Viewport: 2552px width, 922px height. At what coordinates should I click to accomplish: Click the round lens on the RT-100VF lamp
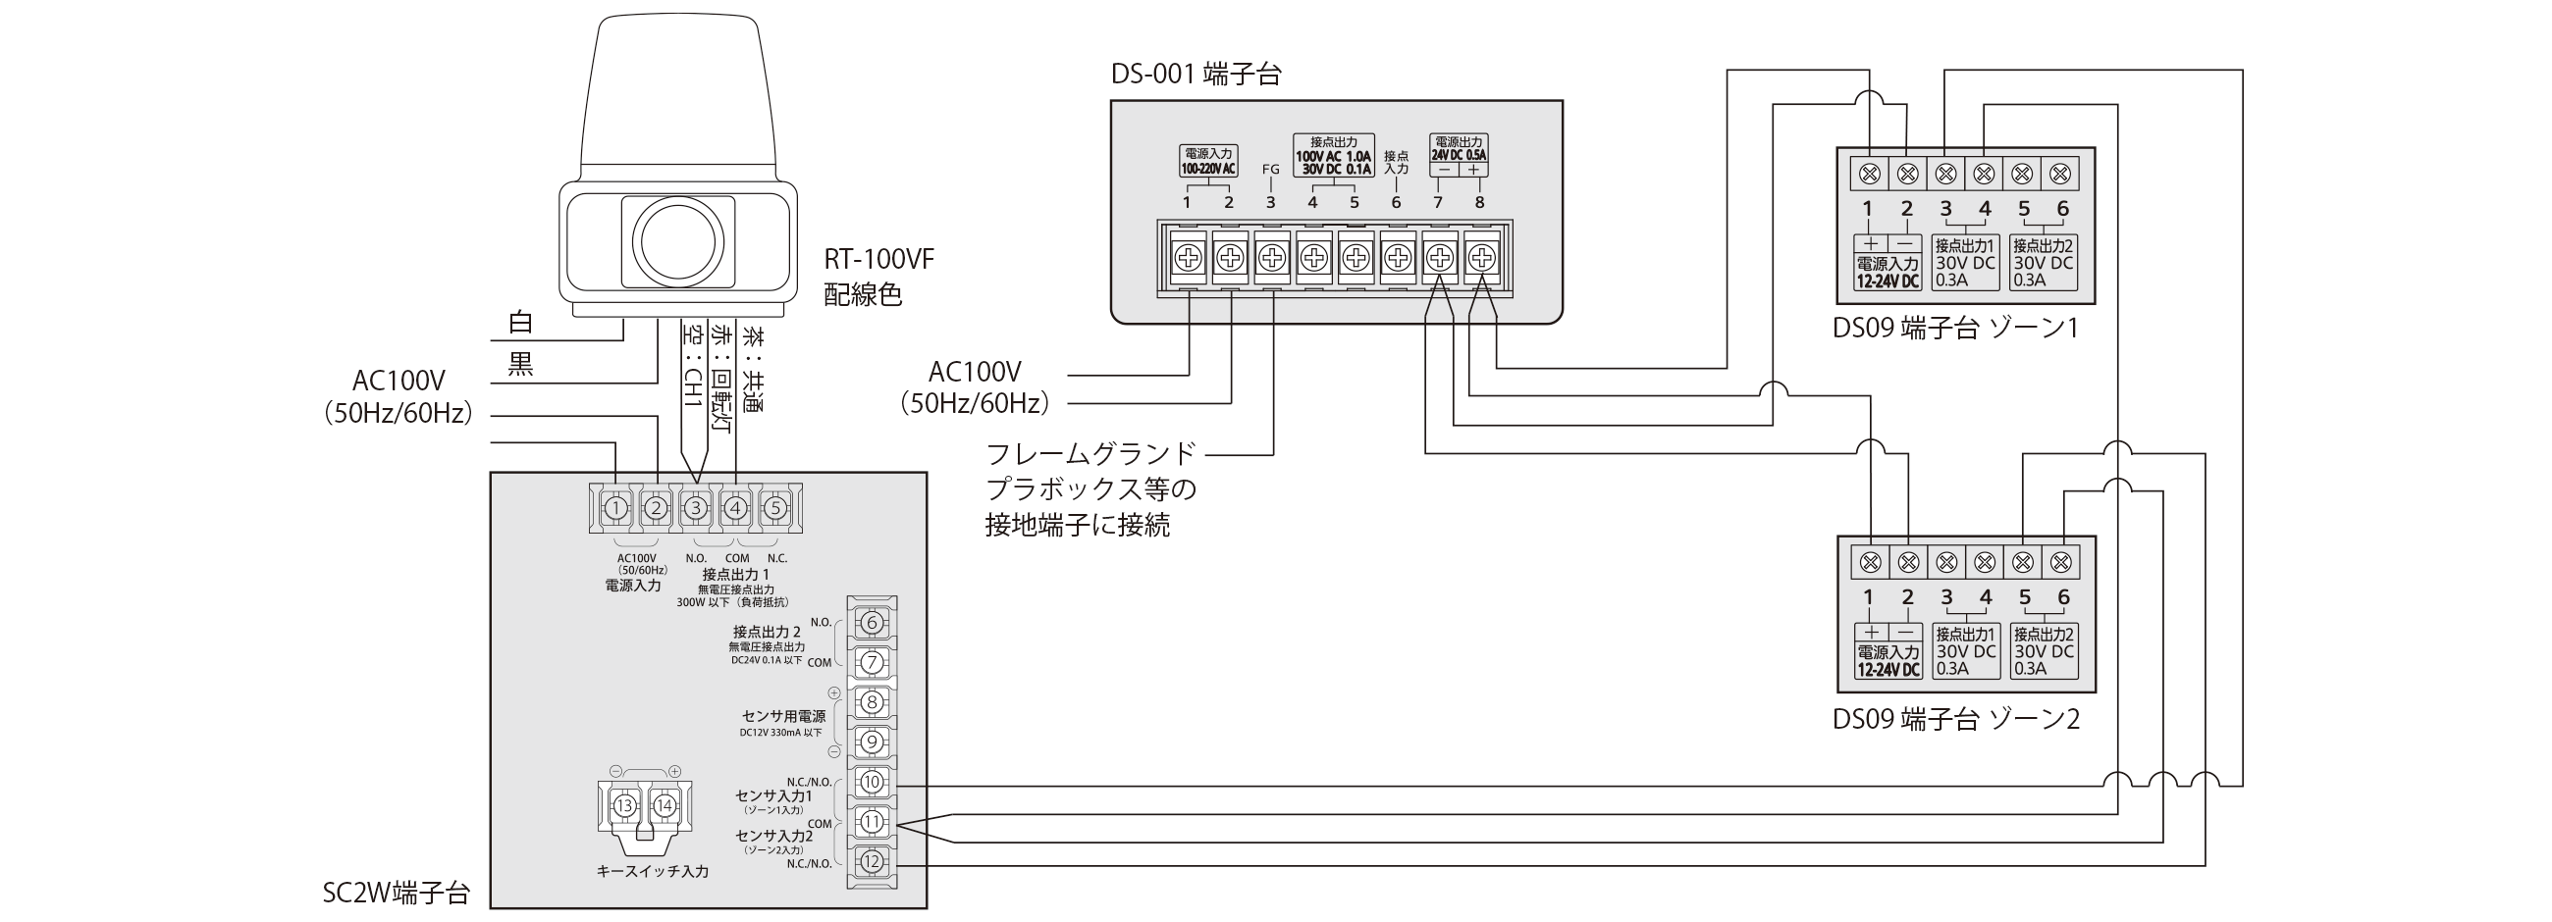[x=678, y=240]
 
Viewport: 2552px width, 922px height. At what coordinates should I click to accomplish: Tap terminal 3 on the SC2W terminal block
[x=696, y=508]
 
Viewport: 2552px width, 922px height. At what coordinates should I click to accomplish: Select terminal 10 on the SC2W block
[x=871, y=782]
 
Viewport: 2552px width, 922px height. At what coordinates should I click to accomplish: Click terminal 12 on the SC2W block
[x=871, y=861]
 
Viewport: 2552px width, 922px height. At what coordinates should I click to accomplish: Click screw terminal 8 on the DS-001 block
[x=1480, y=259]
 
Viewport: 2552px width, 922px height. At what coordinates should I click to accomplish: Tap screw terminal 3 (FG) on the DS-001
[x=1271, y=259]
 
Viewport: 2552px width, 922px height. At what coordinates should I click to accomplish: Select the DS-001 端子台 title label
[x=1196, y=75]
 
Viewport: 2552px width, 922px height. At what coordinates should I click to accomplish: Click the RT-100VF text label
[x=878, y=260]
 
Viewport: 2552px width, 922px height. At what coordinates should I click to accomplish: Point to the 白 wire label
[x=520, y=322]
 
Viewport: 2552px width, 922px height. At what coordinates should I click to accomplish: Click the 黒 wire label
[x=520, y=366]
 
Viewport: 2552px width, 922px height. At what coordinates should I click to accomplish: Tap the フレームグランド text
[x=1090, y=453]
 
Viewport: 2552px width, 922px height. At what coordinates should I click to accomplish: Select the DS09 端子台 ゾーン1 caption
[x=1954, y=328]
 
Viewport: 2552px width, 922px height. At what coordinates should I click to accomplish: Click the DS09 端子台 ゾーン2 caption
[x=1954, y=719]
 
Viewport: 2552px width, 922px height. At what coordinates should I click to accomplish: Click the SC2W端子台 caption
[x=396, y=894]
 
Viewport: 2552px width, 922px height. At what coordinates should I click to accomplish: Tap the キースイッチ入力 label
[x=652, y=872]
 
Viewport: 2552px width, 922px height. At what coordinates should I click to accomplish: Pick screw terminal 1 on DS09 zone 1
[x=1870, y=175]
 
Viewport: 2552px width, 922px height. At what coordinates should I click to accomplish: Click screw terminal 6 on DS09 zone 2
[x=2060, y=562]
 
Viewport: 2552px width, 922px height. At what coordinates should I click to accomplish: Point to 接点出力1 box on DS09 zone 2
[x=1965, y=650]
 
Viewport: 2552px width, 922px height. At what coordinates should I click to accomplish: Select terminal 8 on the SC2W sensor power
[x=871, y=702]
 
